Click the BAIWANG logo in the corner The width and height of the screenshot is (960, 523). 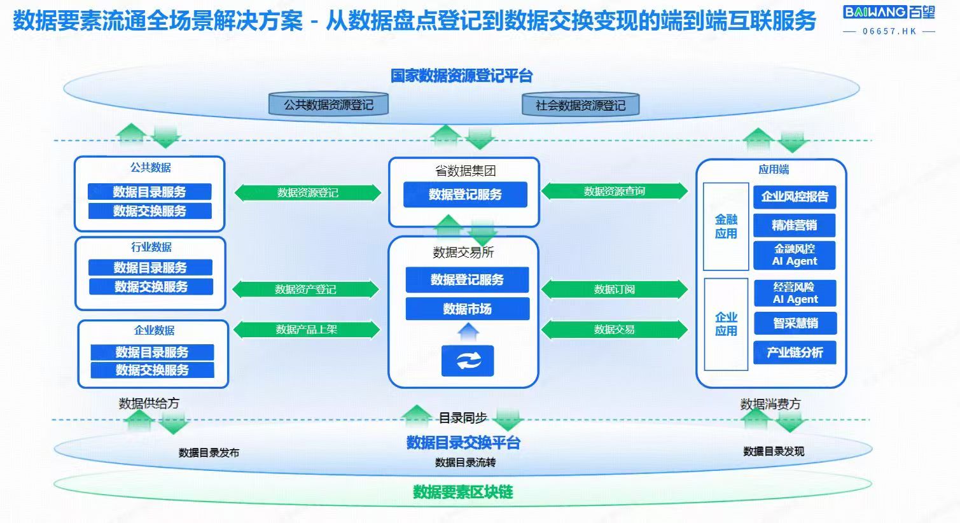(889, 12)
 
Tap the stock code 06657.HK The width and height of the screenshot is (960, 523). (889, 31)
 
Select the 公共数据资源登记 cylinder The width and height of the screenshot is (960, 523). (328, 105)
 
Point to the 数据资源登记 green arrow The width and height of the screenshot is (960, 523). (307, 193)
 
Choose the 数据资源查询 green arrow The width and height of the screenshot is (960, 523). (614, 191)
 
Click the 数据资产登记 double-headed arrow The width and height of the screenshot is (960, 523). (305, 289)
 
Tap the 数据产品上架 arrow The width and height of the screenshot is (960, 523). (306, 330)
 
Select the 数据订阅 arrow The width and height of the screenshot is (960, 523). (614, 289)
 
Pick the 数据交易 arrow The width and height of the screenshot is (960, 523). (614, 330)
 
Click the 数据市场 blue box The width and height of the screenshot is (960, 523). (467, 309)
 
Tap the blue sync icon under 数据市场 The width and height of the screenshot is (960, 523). (468, 361)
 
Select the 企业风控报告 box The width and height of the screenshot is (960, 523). (795, 197)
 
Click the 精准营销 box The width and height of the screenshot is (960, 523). (794, 225)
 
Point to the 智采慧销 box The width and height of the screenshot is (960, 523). (795, 323)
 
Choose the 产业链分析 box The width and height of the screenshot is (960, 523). (795, 352)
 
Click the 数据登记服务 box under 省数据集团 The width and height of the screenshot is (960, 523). (465, 195)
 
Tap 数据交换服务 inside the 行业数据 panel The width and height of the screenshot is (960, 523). (151, 287)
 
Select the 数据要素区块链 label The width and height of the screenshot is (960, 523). (463, 492)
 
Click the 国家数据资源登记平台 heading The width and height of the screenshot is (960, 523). (461, 76)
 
